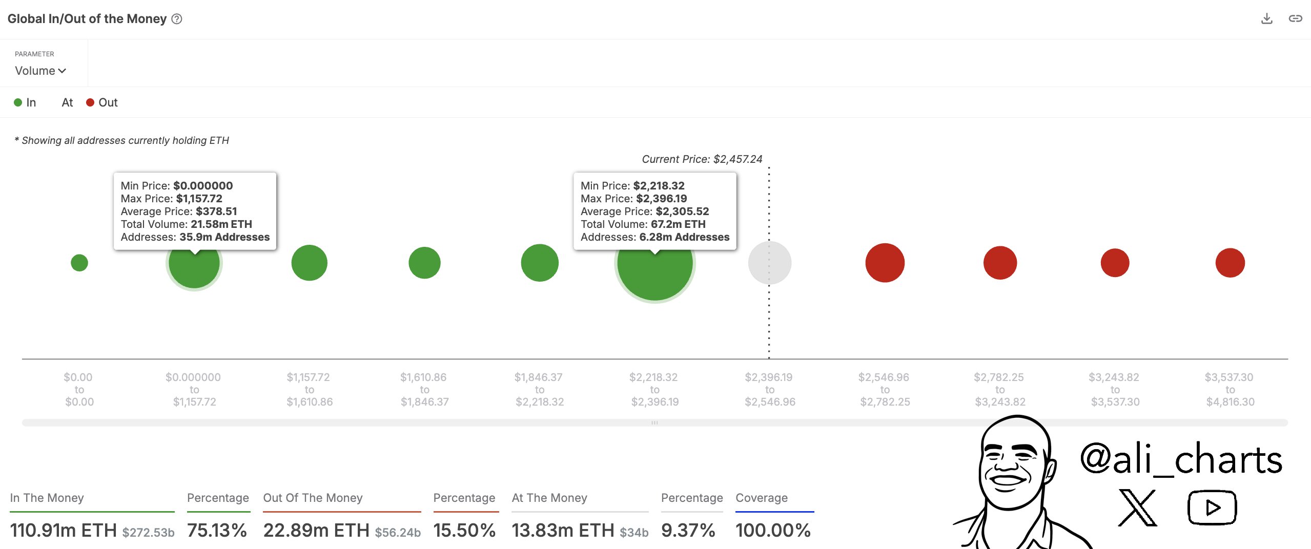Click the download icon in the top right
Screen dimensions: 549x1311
pyautogui.click(x=1266, y=19)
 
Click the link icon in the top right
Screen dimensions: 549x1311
pyautogui.click(x=1295, y=19)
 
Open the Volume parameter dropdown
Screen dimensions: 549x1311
pyautogui.click(x=40, y=71)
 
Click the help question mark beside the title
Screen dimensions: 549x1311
pyautogui.click(x=177, y=19)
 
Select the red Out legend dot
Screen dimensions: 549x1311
pyautogui.click(x=90, y=102)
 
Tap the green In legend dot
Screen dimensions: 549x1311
pyautogui.click(x=18, y=102)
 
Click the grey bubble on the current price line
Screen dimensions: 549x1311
pyautogui.click(x=769, y=263)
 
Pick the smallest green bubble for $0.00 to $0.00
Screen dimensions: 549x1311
pyautogui.click(x=79, y=263)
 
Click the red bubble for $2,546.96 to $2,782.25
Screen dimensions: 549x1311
pyautogui.click(x=885, y=263)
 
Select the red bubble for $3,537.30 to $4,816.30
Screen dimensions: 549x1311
pyautogui.click(x=1230, y=263)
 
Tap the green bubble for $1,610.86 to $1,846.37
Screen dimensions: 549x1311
pyautogui.click(x=424, y=263)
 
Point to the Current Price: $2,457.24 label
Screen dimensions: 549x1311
pyautogui.click(x=702, y=159)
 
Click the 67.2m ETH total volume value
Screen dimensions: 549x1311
pyautogui.click(x=678, y=224)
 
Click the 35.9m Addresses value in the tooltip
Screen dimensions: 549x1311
pyautogui.click(x=224, y=237)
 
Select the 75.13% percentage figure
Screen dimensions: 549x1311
pyautogui.click(x=217, y=530)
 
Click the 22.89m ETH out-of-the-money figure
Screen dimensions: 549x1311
pyautogui.click(x=316, y=530)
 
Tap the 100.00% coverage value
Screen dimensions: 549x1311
pyautogui.click(x=773, y=530)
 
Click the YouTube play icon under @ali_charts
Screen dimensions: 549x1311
pyautogui.click(x=1212, y=508)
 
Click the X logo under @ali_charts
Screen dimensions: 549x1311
pyautogui.click(x=1137, y=508)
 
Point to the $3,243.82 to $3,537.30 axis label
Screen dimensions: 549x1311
pyautogui.click(x=1115, y=389)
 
